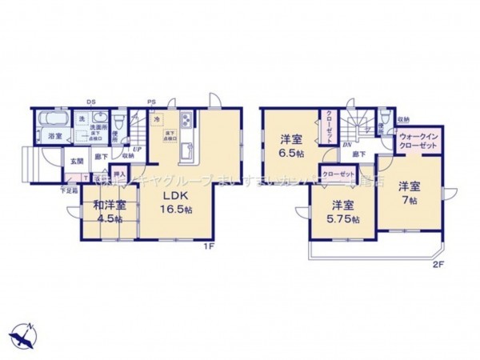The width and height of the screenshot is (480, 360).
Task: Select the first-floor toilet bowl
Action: pos(118,125)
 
